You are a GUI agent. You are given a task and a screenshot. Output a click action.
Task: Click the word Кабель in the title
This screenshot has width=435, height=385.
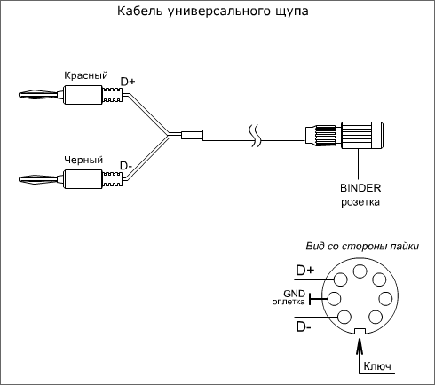[139, 11]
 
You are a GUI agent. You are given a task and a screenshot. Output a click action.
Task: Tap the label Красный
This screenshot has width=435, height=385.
[86, 75]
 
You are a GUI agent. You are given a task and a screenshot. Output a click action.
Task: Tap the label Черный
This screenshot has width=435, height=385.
[83, 160]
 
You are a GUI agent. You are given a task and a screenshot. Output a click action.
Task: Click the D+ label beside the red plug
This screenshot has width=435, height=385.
[128, 82]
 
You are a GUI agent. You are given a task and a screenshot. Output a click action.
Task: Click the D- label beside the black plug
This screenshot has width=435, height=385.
[126, 166]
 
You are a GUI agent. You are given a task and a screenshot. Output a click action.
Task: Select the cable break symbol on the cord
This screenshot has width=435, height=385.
[255, 136]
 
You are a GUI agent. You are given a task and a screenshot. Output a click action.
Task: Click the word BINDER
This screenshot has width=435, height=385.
[360, 188]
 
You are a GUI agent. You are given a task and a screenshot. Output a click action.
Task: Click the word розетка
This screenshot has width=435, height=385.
[360, 202]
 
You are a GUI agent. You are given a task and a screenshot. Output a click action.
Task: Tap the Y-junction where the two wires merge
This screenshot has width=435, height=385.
[169, 136]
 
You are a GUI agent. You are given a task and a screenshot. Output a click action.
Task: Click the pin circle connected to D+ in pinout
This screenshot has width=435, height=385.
[340, 279]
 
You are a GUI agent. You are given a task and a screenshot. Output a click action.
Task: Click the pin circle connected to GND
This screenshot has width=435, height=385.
[334, 298]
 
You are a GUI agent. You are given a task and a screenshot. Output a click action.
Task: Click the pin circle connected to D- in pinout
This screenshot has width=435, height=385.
[344, 317]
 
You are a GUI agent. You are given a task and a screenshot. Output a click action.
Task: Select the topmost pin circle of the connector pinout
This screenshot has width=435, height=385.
[360, 271]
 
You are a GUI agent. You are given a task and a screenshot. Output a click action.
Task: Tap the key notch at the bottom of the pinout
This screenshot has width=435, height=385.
[360, 332]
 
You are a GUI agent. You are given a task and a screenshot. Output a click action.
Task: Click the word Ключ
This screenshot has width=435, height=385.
[377, 366]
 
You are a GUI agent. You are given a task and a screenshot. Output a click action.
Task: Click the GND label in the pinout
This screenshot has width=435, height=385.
[294, 294]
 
